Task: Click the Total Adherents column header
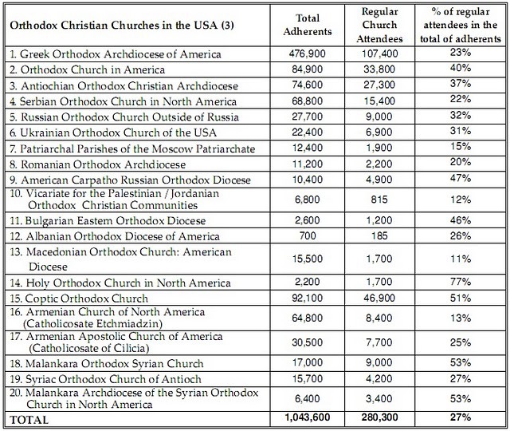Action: (x=308, y=25)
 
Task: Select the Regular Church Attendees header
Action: (x=379, y=25)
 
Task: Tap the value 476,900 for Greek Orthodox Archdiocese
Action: (x=308, y=53)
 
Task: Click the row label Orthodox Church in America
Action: (x=87, y=69)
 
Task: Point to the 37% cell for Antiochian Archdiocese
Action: (x=461, y=83)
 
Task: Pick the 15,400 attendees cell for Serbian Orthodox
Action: (x=379, y=101)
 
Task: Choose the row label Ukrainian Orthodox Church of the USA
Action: (x=113, y=132)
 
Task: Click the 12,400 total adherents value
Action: (x=308, y=148)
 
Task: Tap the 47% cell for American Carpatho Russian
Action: (x=461, y=178)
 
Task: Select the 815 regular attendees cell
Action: (x=379, y=199)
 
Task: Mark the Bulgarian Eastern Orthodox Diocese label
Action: (x=108, y=220)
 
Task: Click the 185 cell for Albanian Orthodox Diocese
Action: (x=379, y=235)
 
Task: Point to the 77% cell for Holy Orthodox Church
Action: (x=461, y=281)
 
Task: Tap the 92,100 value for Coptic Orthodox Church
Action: (x=308, y=298)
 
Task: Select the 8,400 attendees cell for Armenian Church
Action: (x=379, y=318)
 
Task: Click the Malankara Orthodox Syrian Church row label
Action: (x=106, y=363)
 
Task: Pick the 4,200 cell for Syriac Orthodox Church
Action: (x=379, y=378)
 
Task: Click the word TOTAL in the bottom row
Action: (x=29, y=420)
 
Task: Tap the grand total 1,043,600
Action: (x=308, y=417)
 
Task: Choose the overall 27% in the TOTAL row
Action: (x=461, y=417)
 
